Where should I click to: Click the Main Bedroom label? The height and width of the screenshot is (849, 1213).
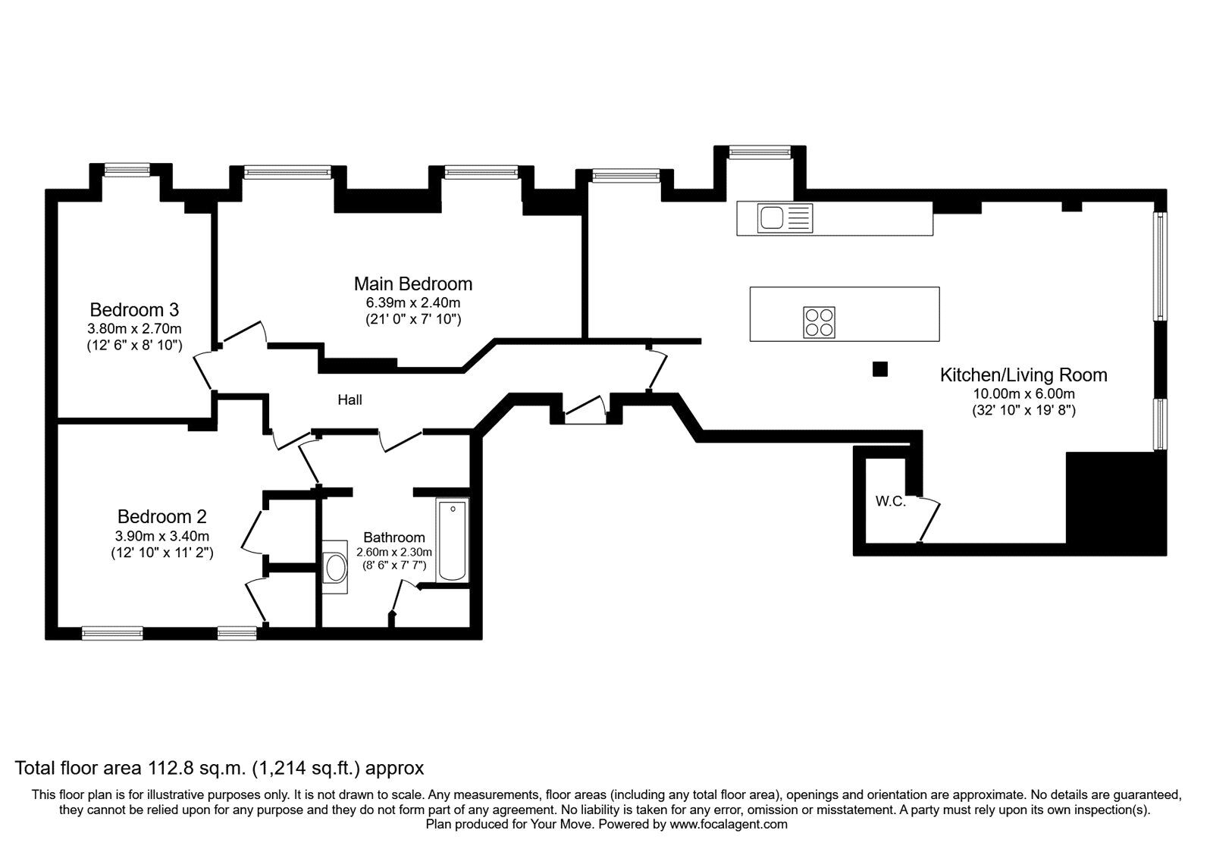coord(412,284)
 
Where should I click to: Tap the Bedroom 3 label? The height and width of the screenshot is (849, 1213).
coord(134,310)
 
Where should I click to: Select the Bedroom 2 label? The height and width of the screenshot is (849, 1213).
coord(161,517)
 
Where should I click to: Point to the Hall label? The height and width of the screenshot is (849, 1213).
coord(349,399)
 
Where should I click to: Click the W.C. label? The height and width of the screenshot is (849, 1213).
coord(890,501)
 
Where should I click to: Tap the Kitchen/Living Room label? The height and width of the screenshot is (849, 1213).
coord(1023,375)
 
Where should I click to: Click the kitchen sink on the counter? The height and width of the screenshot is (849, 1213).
coord(773,218)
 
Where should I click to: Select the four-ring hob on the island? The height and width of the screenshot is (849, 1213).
coord(819,322)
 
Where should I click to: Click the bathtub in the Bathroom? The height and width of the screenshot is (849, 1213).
coord(452,540)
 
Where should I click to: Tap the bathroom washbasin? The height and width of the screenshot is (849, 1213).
coord(334,565)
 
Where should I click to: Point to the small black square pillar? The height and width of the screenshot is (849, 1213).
coord(879,369)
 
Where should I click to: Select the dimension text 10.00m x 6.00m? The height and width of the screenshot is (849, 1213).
coord(1023,394)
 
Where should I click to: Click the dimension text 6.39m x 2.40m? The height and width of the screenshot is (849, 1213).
coord(412,302)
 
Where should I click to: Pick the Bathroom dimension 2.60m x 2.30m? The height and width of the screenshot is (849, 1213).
coord(393,552)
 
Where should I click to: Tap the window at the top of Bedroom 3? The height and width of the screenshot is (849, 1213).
coord(127,171)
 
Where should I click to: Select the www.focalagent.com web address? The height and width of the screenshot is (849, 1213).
coord(728,824)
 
